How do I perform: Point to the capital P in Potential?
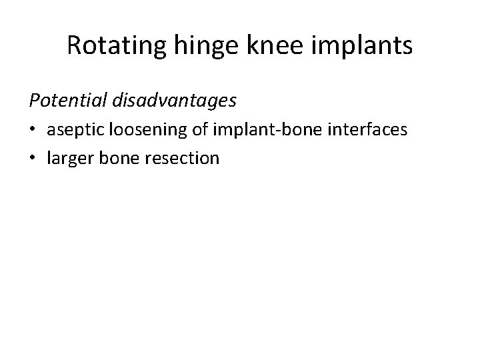tap(33, 100)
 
